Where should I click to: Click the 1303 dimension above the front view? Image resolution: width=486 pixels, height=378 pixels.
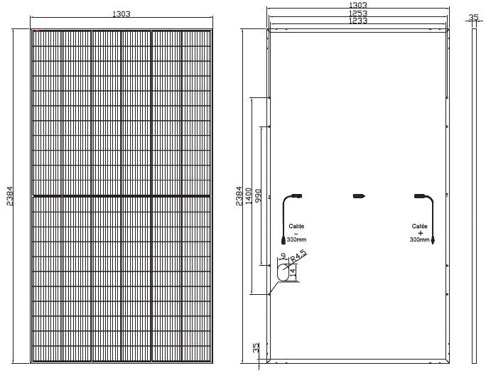point(121,14)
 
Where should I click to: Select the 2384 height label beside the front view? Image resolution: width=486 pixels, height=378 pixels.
point(10,195)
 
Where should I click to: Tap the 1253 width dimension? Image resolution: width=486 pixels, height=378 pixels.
point(357,13)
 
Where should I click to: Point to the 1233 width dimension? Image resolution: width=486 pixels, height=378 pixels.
point(357,21)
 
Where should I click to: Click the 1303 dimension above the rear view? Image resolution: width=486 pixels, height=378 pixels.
point(357,5)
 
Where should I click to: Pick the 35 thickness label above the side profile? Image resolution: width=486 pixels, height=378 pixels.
point(474,17)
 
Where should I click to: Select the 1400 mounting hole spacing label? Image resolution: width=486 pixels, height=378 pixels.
point(248,195)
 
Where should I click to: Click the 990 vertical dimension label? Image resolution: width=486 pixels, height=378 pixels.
point(258,195)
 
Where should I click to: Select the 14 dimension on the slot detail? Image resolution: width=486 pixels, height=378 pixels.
point(293,271)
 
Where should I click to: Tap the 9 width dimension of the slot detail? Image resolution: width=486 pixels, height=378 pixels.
point(284,256)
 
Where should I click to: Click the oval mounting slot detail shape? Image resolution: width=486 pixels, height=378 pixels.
point(282,272)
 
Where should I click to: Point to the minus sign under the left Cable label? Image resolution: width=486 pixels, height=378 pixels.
point(296,233)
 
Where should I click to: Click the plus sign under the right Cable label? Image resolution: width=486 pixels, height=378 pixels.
point(420,233)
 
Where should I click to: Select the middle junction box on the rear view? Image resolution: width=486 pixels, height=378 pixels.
point(359,195)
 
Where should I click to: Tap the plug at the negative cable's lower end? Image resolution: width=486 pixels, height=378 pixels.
point(283,242)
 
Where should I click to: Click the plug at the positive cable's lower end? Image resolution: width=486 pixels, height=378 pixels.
point(433,242)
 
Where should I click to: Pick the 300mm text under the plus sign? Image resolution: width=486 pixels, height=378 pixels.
point(419,240)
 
